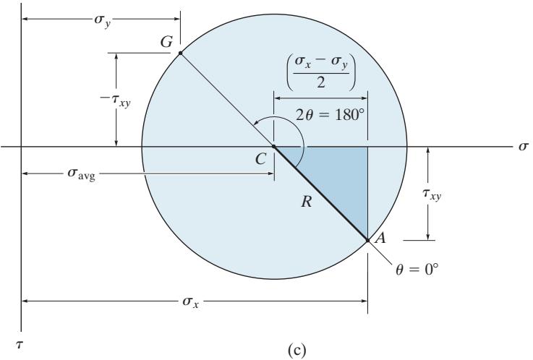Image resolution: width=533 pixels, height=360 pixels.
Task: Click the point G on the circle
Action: (180, 53)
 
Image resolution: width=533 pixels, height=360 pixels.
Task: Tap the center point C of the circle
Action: (273, 146)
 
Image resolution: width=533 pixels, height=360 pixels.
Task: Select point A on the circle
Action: (368, 241)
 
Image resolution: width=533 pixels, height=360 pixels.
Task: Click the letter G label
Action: (166, 42)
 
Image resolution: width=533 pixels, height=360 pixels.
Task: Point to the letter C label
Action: (260, 159)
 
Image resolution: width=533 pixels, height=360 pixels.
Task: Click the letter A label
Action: (380, 238)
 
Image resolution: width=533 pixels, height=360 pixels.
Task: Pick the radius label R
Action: (306, 202)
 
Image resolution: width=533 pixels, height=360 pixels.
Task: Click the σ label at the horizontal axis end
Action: (524, 146)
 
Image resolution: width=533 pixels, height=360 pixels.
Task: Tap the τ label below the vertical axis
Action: (20, 345)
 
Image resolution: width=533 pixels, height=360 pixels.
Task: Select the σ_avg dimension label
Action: (81, 174)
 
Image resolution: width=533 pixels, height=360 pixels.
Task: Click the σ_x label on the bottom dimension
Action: (190, 301)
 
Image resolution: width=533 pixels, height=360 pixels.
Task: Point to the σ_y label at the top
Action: (102, 20)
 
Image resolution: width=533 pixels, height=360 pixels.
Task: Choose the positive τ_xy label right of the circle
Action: (432, 194)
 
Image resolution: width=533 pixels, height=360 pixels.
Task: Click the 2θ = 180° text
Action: (328, 116)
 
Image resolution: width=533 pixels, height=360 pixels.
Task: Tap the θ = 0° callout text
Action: (417, 270)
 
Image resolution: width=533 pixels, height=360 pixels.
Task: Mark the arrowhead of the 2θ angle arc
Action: (255, 123)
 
